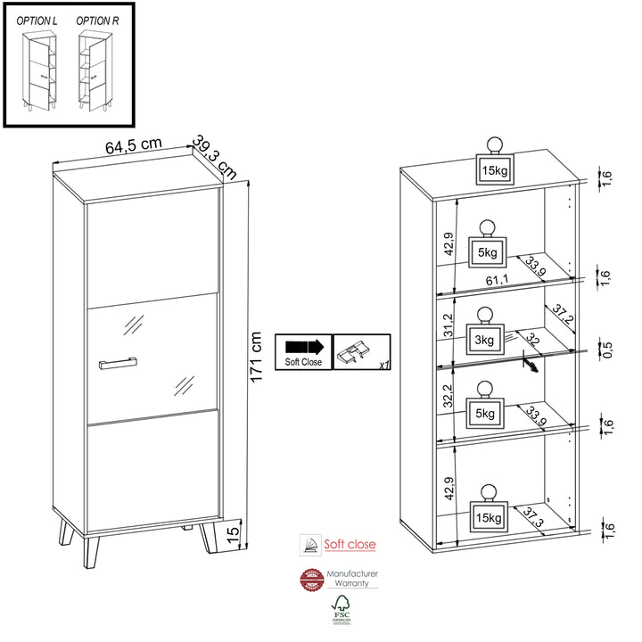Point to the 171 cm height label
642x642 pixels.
pos(256,357)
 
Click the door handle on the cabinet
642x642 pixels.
pos(117,361)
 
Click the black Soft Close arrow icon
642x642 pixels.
pos(305,346)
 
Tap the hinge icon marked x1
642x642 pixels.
pos(357,352)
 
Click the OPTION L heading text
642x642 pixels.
pos(38,20)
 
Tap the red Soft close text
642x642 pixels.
pos(350,544)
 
